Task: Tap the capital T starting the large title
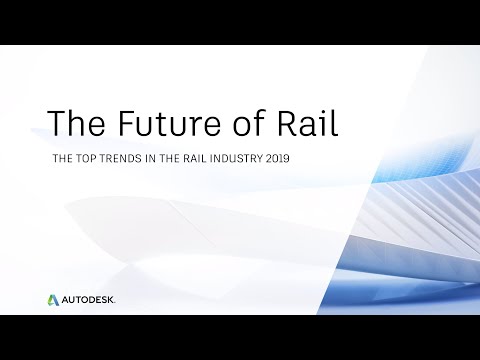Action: click(57, 122)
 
